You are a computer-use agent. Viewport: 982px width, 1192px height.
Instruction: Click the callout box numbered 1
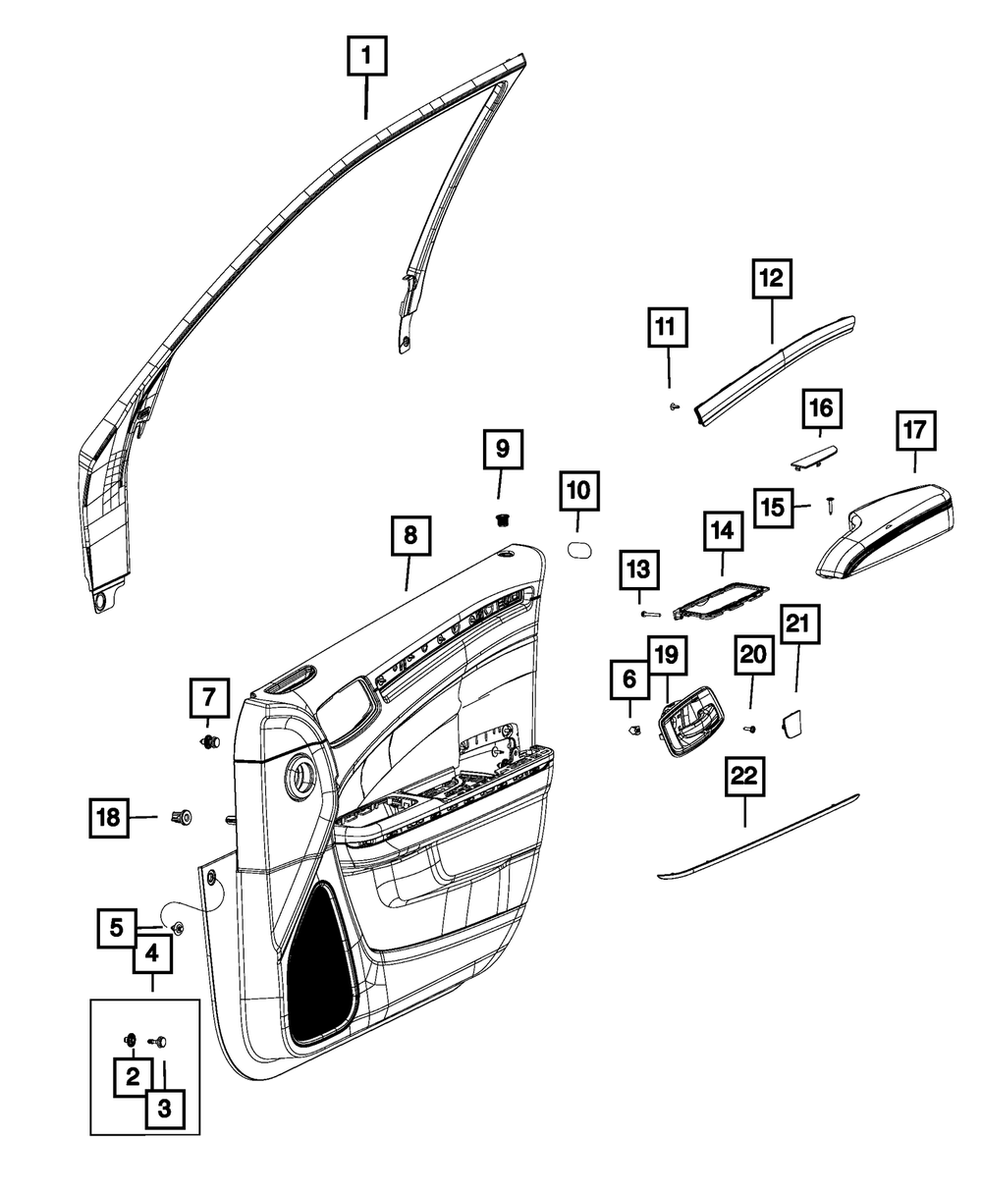[366, 57]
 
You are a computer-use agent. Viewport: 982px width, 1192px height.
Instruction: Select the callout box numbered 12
[772, 279]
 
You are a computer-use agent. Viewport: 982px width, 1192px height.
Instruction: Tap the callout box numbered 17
[914, 430]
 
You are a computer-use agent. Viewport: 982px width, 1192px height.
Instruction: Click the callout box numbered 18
[110, 816]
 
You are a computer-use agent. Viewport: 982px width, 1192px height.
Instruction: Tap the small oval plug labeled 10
[580, 546]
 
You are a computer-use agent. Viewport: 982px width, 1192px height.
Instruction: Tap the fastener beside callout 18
[182, 816]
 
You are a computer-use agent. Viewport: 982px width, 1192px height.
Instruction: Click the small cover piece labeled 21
[791, 725]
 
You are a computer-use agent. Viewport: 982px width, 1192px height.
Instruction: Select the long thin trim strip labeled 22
[756, 836]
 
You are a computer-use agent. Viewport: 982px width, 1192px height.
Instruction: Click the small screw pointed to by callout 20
[750, 729]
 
